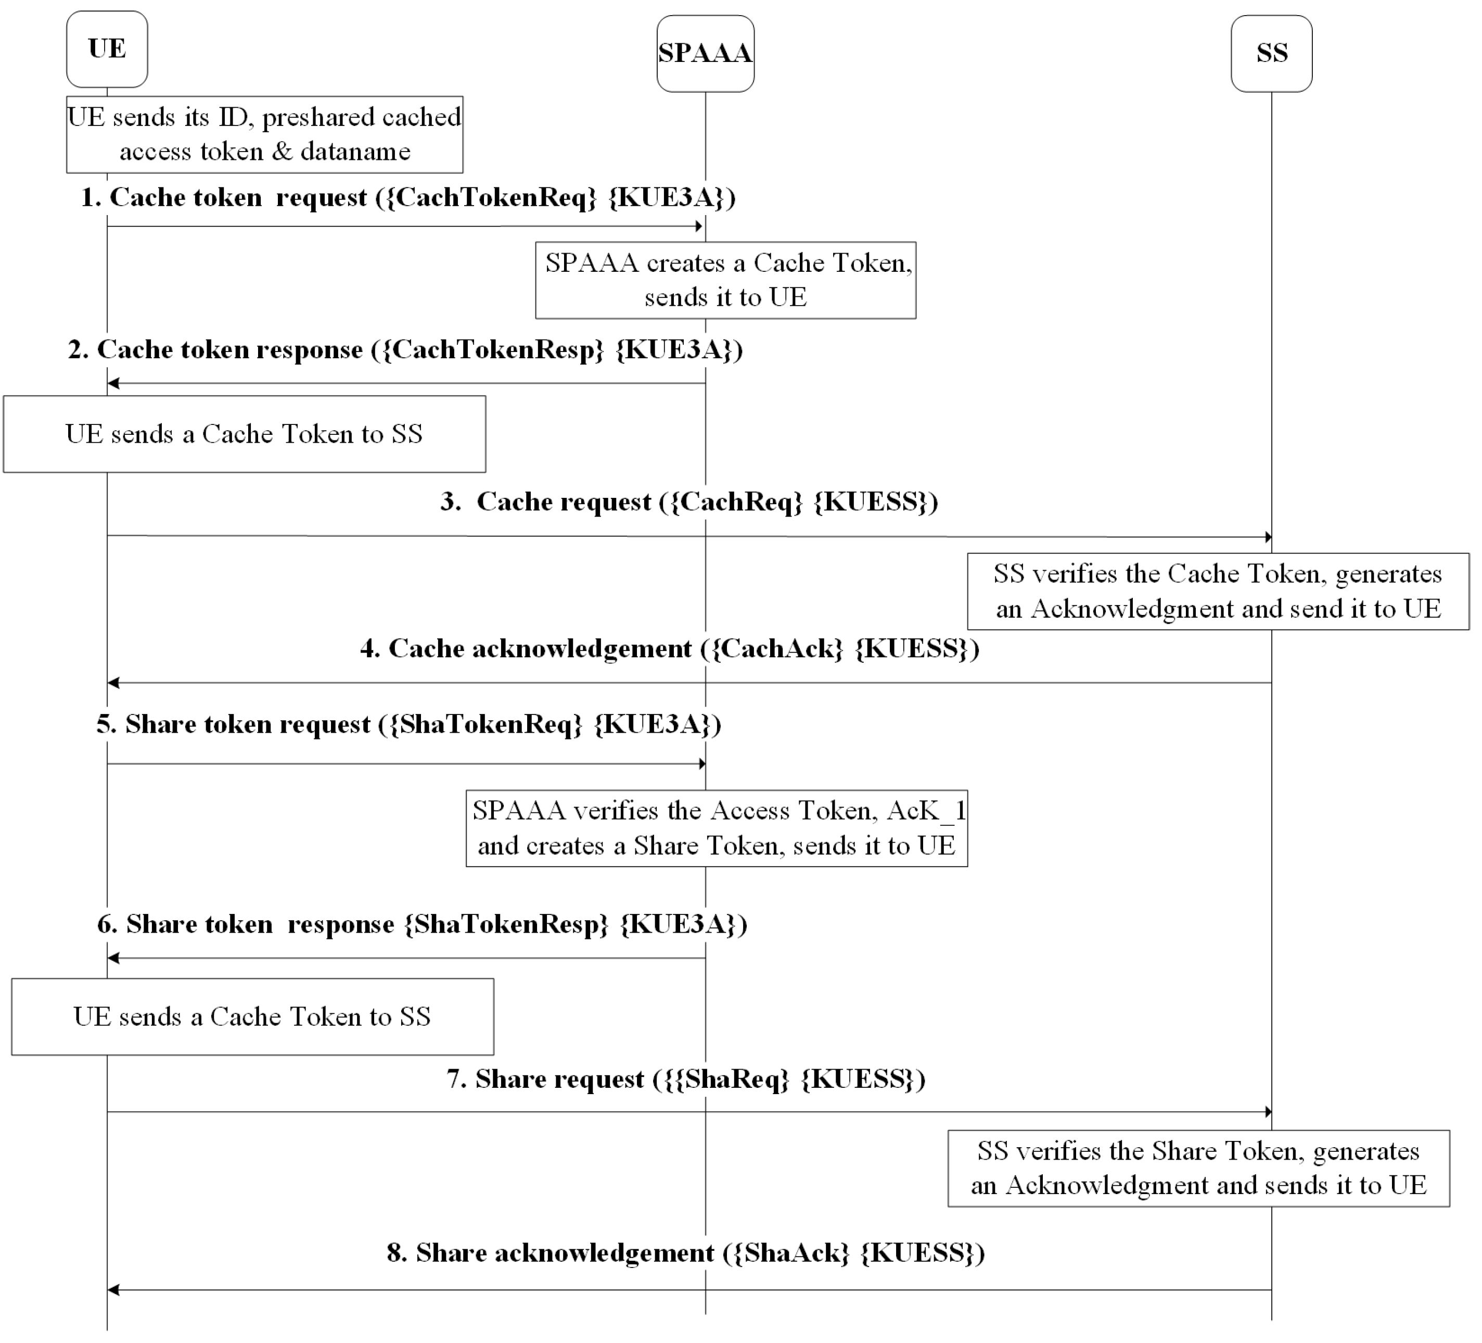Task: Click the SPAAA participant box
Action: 705,53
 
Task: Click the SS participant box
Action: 1271,53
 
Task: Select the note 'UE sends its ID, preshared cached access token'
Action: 265,134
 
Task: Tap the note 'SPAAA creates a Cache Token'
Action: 725,280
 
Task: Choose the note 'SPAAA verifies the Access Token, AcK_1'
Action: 717,828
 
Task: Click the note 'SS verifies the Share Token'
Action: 1198,1168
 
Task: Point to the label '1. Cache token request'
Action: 408,197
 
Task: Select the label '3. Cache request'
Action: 689,501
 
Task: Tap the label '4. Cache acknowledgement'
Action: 670,649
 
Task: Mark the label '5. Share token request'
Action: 408,724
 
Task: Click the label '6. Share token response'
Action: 422,924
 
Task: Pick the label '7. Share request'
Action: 686,1079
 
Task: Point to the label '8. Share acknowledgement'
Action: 686,1252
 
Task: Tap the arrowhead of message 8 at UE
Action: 112,1289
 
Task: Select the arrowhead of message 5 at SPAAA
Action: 701,763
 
